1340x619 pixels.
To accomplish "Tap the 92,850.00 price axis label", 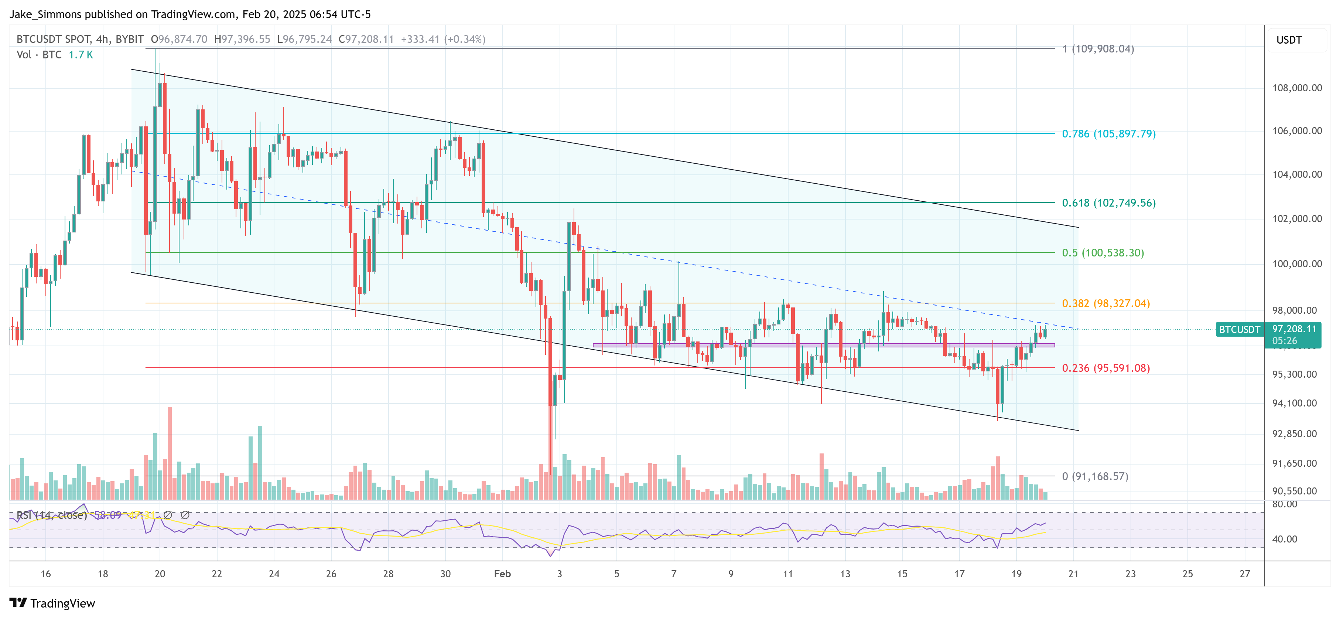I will click(x=1294, y=433).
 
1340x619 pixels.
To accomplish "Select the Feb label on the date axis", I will click(x=502, y=574).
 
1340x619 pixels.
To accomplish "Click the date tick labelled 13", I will click(x=845, y=574).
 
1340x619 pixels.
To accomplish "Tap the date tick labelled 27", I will click(x=1244, y=574).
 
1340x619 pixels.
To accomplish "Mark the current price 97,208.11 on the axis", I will click(x=1294, y=329).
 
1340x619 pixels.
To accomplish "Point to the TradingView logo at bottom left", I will click(x=52, y=603).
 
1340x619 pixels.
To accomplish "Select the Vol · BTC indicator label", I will click(x=39, y=55).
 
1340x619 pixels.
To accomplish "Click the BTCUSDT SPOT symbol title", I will click(x=54, y=39).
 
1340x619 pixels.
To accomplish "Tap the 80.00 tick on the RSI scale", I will click(x=1284, y=504).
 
